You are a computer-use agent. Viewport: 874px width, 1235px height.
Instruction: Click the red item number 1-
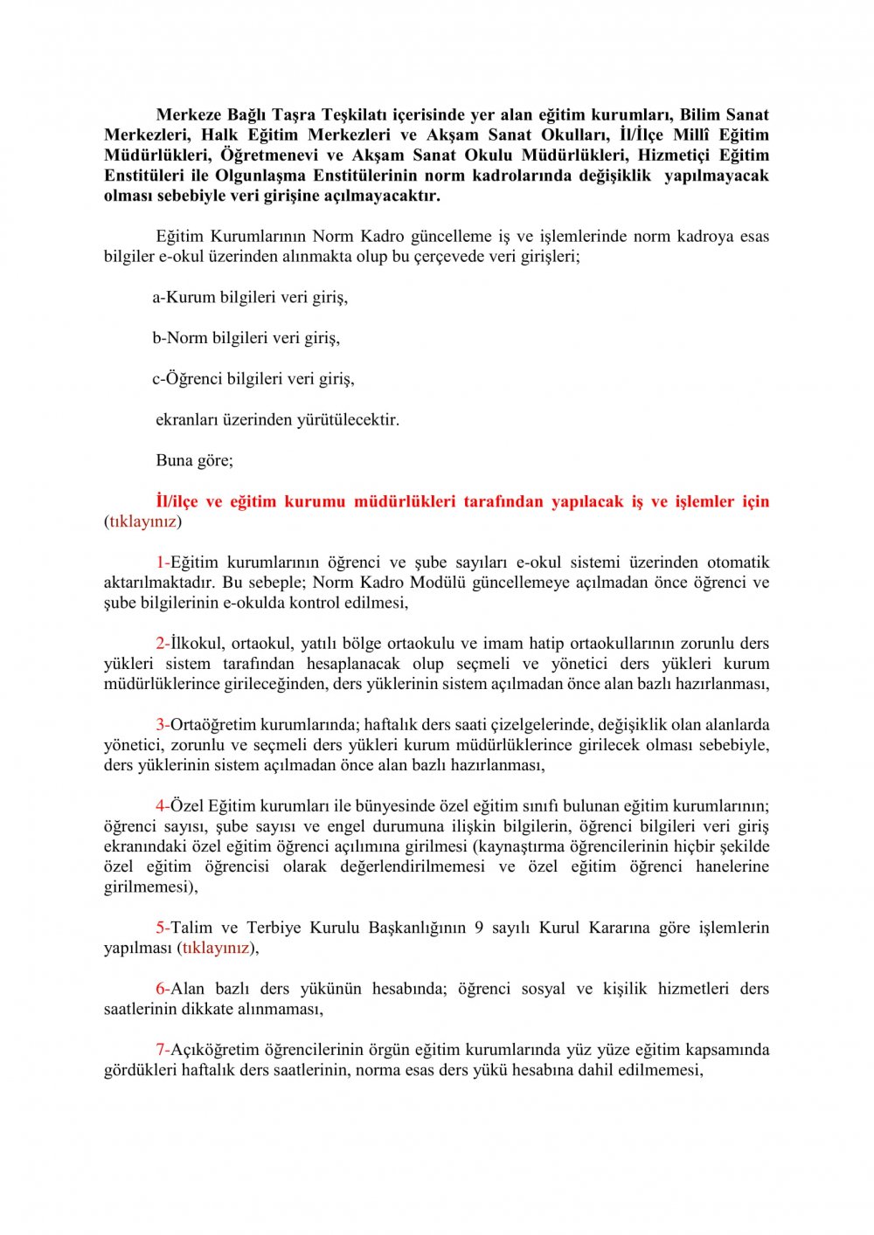click(x=163, y=562)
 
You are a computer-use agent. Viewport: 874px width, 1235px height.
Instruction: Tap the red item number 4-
click(x=163, y=806)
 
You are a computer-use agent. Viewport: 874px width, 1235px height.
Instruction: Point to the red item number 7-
click(x=163, y=1050)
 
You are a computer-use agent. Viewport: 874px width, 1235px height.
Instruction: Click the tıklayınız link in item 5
click(x=216, y=948)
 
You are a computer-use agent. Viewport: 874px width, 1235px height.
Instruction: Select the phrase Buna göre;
click(x=194, y=460)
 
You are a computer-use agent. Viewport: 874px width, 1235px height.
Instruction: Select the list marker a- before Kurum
click(x=159, y=298)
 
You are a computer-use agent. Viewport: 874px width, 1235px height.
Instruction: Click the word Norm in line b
click(x=188, y=338)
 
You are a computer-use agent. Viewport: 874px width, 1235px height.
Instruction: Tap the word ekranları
click(x=187, y=420)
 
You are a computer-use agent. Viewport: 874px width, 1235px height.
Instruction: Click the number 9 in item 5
click(x=479, y=928)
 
